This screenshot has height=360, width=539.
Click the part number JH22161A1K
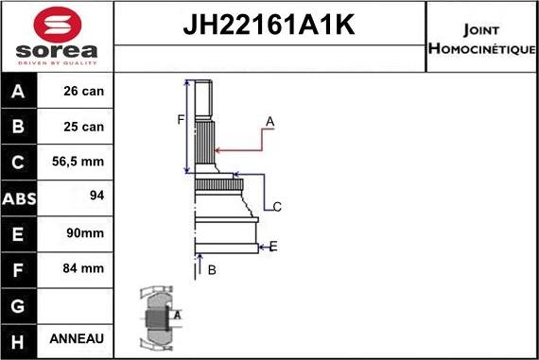(269, 26)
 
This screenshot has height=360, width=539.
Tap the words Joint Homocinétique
(481, 37)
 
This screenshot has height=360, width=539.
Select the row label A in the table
(20, 93)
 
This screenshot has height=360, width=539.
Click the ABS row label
(20, 198)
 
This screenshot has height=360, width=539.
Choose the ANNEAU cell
(76, 338)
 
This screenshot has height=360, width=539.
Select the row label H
(20, 338)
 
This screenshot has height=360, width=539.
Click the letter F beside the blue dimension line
(179, 119)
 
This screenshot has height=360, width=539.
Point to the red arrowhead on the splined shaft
(218, 149)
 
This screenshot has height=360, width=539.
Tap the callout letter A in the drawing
(269, 121)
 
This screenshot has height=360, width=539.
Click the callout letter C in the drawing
(277, 206)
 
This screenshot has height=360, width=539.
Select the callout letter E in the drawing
(272, 247)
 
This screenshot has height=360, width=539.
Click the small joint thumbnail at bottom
(159, 318)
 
